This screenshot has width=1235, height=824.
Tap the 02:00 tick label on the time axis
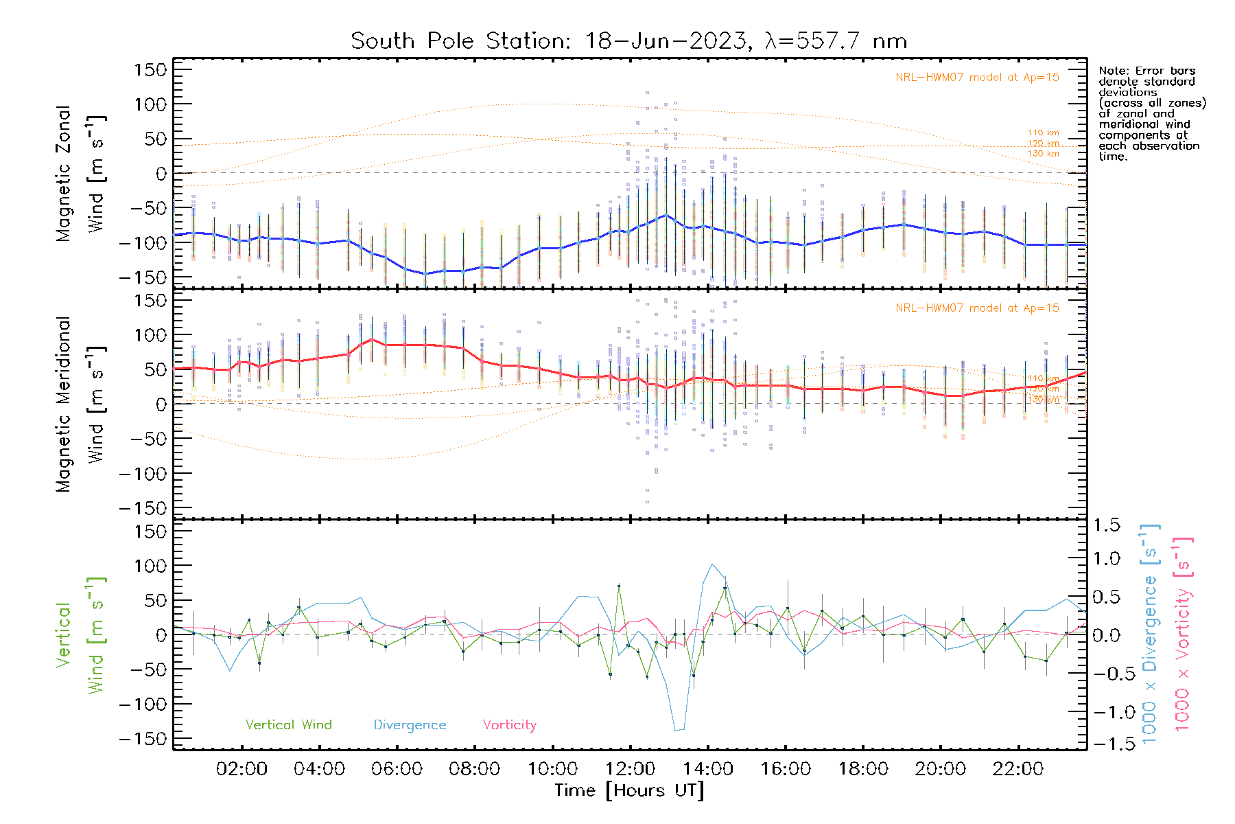(242, 769)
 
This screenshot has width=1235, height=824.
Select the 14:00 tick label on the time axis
(707, 769)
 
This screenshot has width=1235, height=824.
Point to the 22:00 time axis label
(1018, 769)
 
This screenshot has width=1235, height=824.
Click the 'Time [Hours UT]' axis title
(629, 790)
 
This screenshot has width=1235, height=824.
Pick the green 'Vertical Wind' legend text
(288, 725)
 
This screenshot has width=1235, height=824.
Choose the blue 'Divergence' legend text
(410, 725)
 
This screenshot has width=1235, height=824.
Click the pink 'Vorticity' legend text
(509, 725)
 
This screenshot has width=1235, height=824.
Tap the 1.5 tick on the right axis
(1106, 525)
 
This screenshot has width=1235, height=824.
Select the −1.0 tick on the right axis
(1106, 712)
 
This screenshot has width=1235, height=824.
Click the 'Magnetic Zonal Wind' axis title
(81, 173)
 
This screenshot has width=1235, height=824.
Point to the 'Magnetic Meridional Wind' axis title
(81, 404)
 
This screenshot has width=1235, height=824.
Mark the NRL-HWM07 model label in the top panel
(977, 78)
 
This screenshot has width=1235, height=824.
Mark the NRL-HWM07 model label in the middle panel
(977, 308)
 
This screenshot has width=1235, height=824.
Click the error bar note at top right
(1151, 113)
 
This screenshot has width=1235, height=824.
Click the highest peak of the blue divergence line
(713, 564)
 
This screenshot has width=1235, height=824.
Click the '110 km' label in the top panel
(1043, 133)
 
